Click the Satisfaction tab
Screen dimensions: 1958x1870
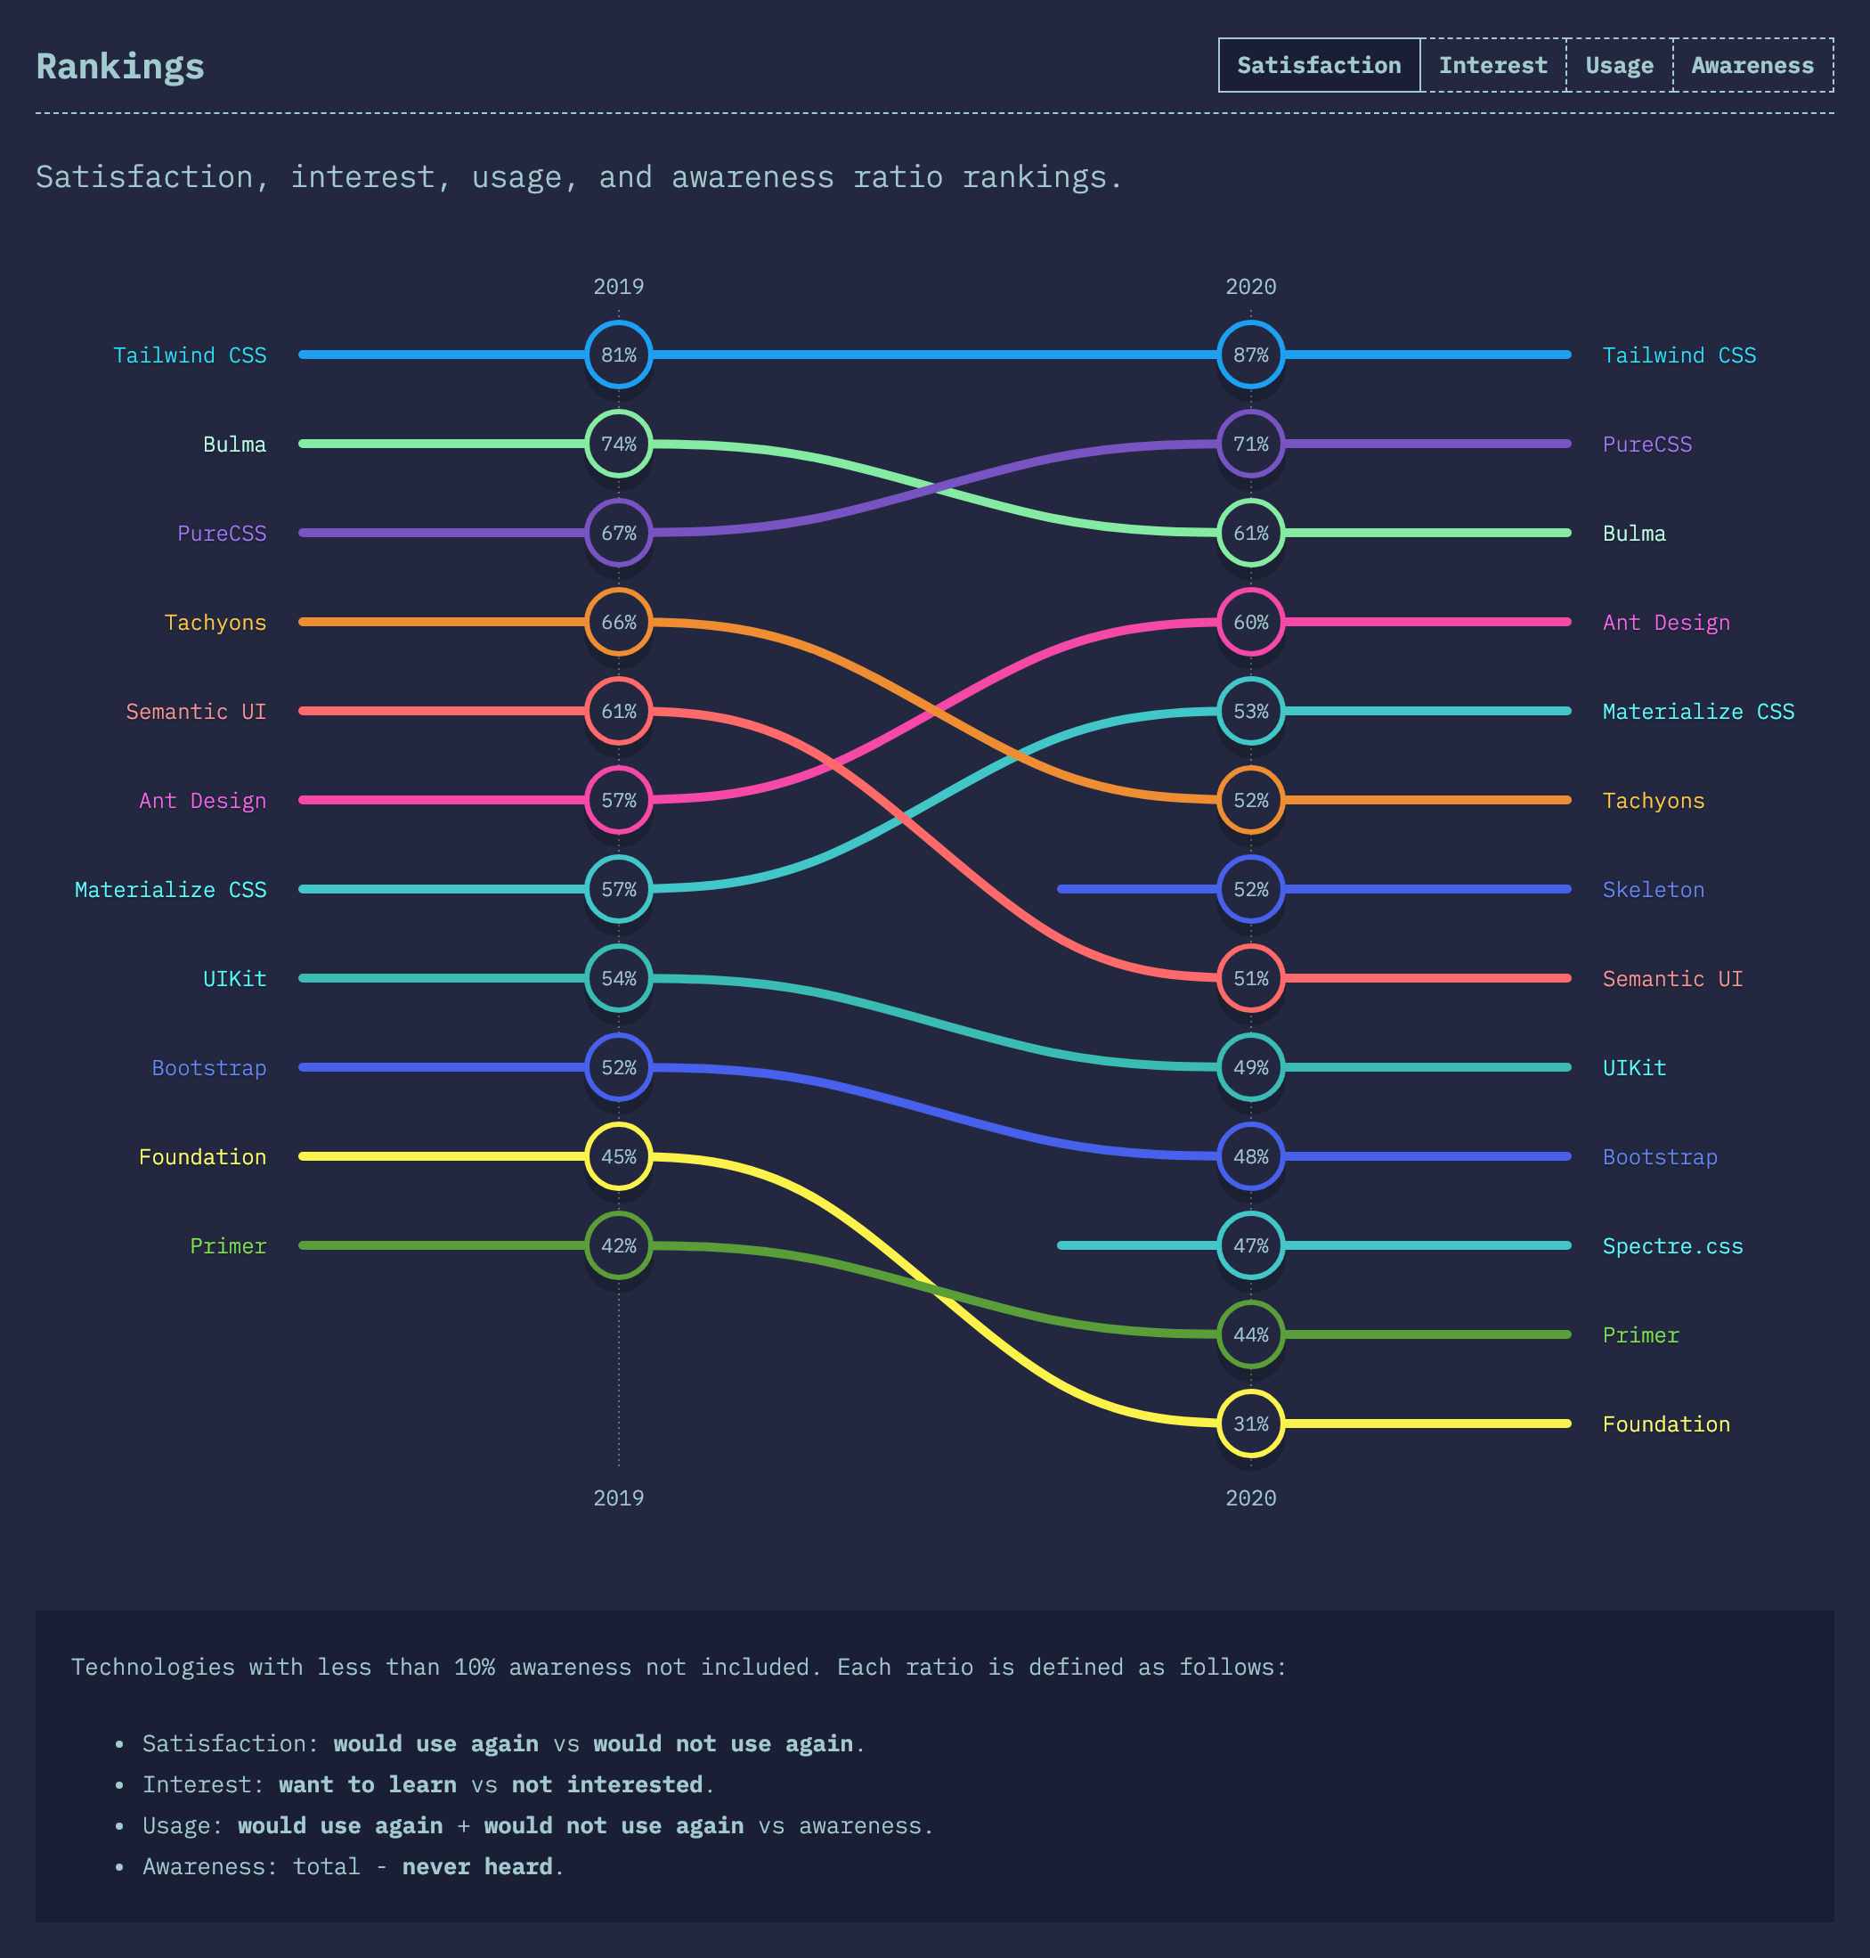[x=1318, y=66]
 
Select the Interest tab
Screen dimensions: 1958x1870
[x=1492, y=66]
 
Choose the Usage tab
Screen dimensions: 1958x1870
[x=1619, y=66]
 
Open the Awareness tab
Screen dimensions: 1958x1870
[x=1752, y=66]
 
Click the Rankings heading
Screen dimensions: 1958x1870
[x=119, y=67]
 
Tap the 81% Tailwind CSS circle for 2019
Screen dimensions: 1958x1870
[x=618, y=355]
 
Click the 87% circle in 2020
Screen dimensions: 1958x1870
[x=1250, y=355]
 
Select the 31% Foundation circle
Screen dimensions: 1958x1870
[x=1250, y=1424]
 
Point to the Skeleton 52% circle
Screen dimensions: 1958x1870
[x=1250, y=889]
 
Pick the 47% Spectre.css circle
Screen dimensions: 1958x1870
[x=1250, y=1246]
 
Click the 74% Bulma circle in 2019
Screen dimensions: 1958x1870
[x=618, y=444]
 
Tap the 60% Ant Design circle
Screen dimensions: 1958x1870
[x=1250, y=622]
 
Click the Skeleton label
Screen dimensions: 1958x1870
[x=1653, y=889]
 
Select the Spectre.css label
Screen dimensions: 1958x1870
[x=1671, y=1246]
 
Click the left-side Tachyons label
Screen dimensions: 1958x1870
[x=215, y=622]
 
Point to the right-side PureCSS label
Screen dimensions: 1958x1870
[x=1646, y=445]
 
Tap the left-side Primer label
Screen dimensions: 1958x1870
[x=228, y=1246]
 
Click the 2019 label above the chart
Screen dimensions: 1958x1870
[x=618, y=287]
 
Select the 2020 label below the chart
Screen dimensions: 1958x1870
[x=1250, y=1497]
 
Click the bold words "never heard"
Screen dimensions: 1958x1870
[x=476, y=1866]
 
